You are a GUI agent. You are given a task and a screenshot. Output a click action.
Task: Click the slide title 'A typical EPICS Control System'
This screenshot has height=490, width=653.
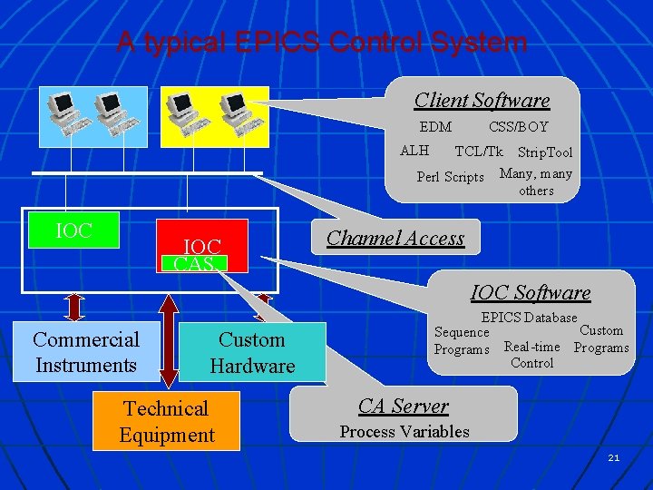coord(321,42)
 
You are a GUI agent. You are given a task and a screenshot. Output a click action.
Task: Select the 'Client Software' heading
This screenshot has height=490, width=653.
coord(482,100)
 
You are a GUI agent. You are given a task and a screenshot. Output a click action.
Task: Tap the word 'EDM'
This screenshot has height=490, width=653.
coord(435,127)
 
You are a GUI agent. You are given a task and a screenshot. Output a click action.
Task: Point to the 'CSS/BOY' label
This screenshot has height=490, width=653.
coord(518,127)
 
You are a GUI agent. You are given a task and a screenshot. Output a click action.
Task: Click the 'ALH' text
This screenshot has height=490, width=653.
coord(414,151)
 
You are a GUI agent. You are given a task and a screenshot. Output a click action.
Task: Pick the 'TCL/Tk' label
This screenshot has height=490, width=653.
coord(478,151)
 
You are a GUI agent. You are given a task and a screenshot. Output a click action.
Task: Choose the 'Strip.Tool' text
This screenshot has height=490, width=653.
coord(545,152)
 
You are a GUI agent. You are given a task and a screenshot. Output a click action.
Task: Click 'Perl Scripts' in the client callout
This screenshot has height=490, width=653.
coord(450,177)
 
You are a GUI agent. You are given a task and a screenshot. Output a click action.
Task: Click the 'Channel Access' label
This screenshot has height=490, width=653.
coord(395,238)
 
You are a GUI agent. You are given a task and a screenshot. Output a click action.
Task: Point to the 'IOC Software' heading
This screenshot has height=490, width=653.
coord(531,292)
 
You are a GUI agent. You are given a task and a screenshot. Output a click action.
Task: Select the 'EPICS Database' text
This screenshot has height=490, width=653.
coord(529,318)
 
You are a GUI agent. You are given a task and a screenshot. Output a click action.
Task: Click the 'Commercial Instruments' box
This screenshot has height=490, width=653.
coord(86,352)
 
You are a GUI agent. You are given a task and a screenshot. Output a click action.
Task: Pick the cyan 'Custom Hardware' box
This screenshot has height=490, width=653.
coord(252,352)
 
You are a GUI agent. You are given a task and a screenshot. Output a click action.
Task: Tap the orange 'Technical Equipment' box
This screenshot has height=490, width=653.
coord(167,421)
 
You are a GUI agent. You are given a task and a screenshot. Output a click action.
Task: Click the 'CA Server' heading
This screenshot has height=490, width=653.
coord(403,406)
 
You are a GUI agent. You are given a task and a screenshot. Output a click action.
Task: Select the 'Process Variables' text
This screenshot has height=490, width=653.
coord(404,432)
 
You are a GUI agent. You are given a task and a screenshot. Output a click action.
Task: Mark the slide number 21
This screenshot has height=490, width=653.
coord(614,458)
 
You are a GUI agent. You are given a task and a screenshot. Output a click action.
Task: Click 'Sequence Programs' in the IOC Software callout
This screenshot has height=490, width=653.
coord(462,341)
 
